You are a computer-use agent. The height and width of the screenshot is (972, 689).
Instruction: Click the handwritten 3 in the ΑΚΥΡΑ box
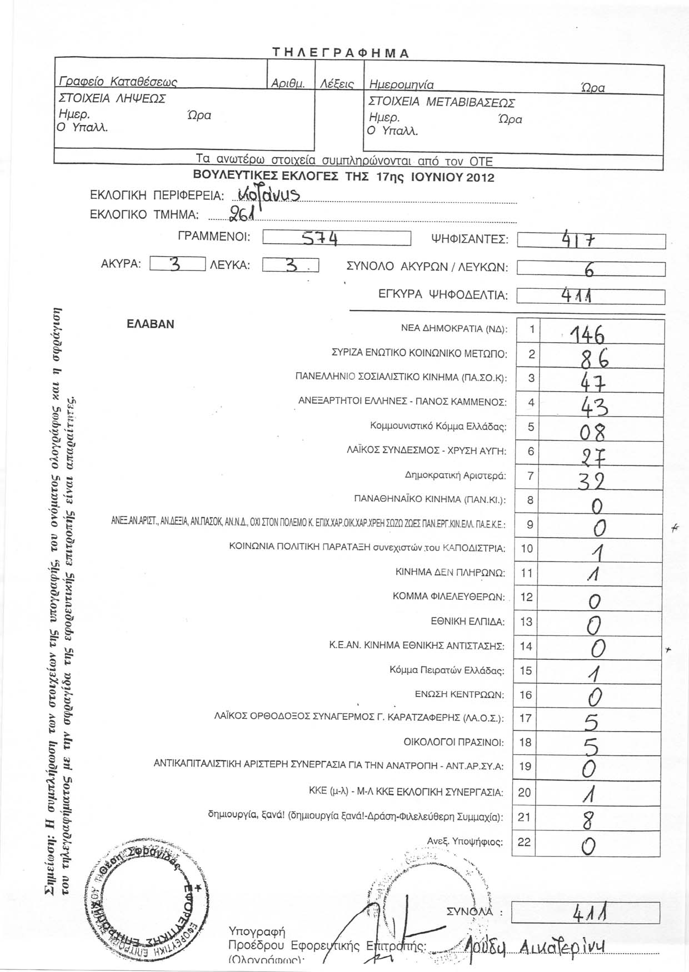(x=176, y=265)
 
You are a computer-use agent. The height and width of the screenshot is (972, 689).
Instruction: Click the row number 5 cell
(x=531, y=427)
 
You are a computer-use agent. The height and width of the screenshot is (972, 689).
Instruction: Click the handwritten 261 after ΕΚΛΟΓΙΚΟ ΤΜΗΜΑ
(x=238, y=213)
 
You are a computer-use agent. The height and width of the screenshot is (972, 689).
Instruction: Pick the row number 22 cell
(x=524, y=842)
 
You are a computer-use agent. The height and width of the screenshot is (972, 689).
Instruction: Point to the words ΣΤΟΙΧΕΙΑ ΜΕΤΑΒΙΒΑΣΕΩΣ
(x=442, y=103)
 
